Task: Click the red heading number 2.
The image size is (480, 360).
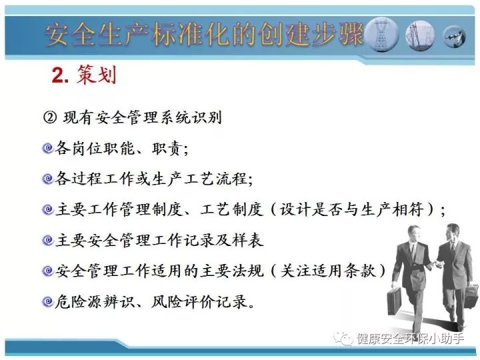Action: (60, 75)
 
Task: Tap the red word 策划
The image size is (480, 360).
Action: (97, 75)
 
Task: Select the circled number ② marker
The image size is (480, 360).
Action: (50, 117)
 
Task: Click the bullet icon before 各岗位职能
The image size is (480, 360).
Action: (48, 149)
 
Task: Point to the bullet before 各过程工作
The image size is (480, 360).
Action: (48, 179)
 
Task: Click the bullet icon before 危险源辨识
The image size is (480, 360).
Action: (48, 301)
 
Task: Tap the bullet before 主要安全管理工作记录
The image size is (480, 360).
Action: (48, 240)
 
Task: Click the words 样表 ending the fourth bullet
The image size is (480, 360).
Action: (247, 240)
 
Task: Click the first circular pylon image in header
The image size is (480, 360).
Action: (381, 35)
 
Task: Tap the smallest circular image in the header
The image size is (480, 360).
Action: (455, 37)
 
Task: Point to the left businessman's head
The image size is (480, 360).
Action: (414, 235)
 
